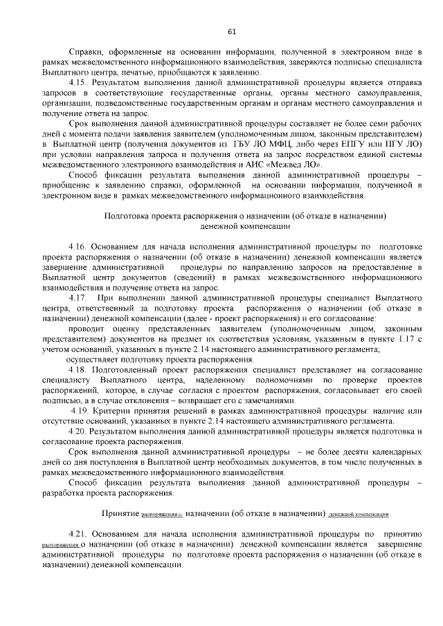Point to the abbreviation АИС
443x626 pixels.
coord(275,165)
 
